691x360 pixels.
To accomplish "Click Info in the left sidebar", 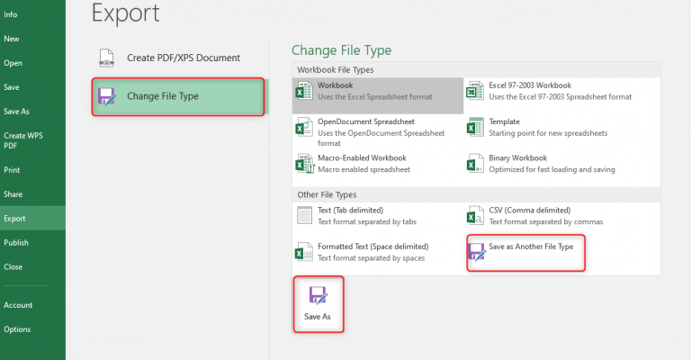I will [x=12, y=15].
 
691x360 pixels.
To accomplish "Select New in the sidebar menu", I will [x=12, y=39].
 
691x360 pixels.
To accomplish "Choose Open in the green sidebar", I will [x=13, y=63].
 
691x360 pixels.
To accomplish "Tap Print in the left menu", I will [x=13, y=169].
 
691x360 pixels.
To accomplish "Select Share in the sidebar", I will [x=13, y=193].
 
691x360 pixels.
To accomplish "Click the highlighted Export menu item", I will [x=14, y=218].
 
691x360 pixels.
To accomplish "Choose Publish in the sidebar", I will [x=16, y=242].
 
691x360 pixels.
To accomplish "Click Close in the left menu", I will [x=13, y=266].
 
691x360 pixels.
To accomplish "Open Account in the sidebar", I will [x=17, y=305].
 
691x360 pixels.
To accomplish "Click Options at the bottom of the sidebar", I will [x=17, y=329].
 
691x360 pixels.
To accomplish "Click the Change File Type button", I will [x=177, y=96].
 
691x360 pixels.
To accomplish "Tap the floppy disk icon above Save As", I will [x=319, y=295].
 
